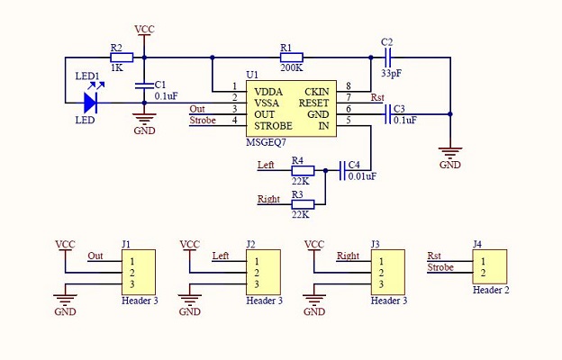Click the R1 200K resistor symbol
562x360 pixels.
[292, 58]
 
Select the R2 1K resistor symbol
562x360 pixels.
[122, 58]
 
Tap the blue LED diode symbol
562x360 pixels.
[90, 103]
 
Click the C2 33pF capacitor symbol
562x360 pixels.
[386, 58]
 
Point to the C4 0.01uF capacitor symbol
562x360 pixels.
[342, 170]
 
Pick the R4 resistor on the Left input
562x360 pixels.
[303, 170]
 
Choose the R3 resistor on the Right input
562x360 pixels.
[303, 204]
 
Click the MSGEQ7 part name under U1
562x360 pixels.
[266, 142]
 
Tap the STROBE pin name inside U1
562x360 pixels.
[274, 126]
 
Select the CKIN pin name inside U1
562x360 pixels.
[317, 92]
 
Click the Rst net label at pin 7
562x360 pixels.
[377, 97]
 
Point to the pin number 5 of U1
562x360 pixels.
[348, 120]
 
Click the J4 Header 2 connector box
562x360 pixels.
[490, 267]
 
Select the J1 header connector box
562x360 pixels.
[139, 272]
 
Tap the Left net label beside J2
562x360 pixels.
[221, 256]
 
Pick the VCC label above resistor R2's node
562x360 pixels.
[144, 29]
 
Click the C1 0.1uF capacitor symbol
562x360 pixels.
[144, 85]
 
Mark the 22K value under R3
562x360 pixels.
[300, 214]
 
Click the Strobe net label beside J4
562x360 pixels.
[440, 267]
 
